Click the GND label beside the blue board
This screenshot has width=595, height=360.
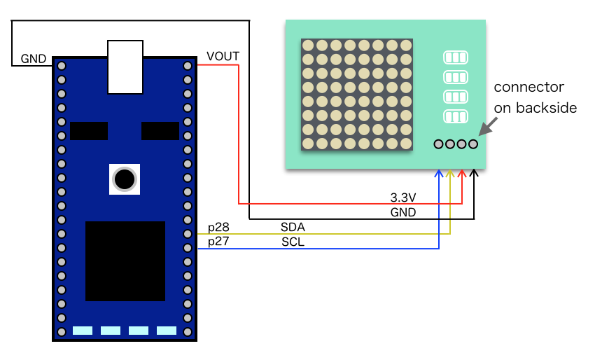pyautogui.click(x=33, y=58)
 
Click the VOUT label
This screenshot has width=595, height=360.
pyautogui.click(x=222, y=57)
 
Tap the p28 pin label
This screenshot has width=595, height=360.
pyautogui.click(x=218, y=227)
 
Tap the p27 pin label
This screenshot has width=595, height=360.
pyautogui.click(x=218, y=242)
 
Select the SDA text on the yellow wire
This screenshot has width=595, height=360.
pyautogui.click(x=293, y=227)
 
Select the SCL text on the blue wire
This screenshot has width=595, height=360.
pyautogui.click(x=293, y=242)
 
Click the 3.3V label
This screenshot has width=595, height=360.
pyautogui.click(x=403, y=198)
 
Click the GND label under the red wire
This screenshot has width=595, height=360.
pyautogui.click(x=403, y=212)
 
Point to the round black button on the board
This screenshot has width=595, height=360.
pyautogui.click(x=125, y=179)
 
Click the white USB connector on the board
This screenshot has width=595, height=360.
pyautogui.click(x=126, y=67)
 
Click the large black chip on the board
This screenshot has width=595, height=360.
pyautogui.click(x=125, y=261)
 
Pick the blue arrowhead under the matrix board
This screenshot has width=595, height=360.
pyautogui.click(x=439, y=173)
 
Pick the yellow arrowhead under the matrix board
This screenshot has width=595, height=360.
pyautogui.click(x=450, y=173)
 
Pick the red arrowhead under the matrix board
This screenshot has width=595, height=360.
pyautogui.click(x=462, y=173)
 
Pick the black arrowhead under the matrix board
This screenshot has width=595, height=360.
pyautogui.click(x=474, y=173)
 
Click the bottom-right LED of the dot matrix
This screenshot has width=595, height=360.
pyautogui.click(x=407, y=144)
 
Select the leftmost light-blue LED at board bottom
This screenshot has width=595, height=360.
pyautogui.click(x=83, y=331)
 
